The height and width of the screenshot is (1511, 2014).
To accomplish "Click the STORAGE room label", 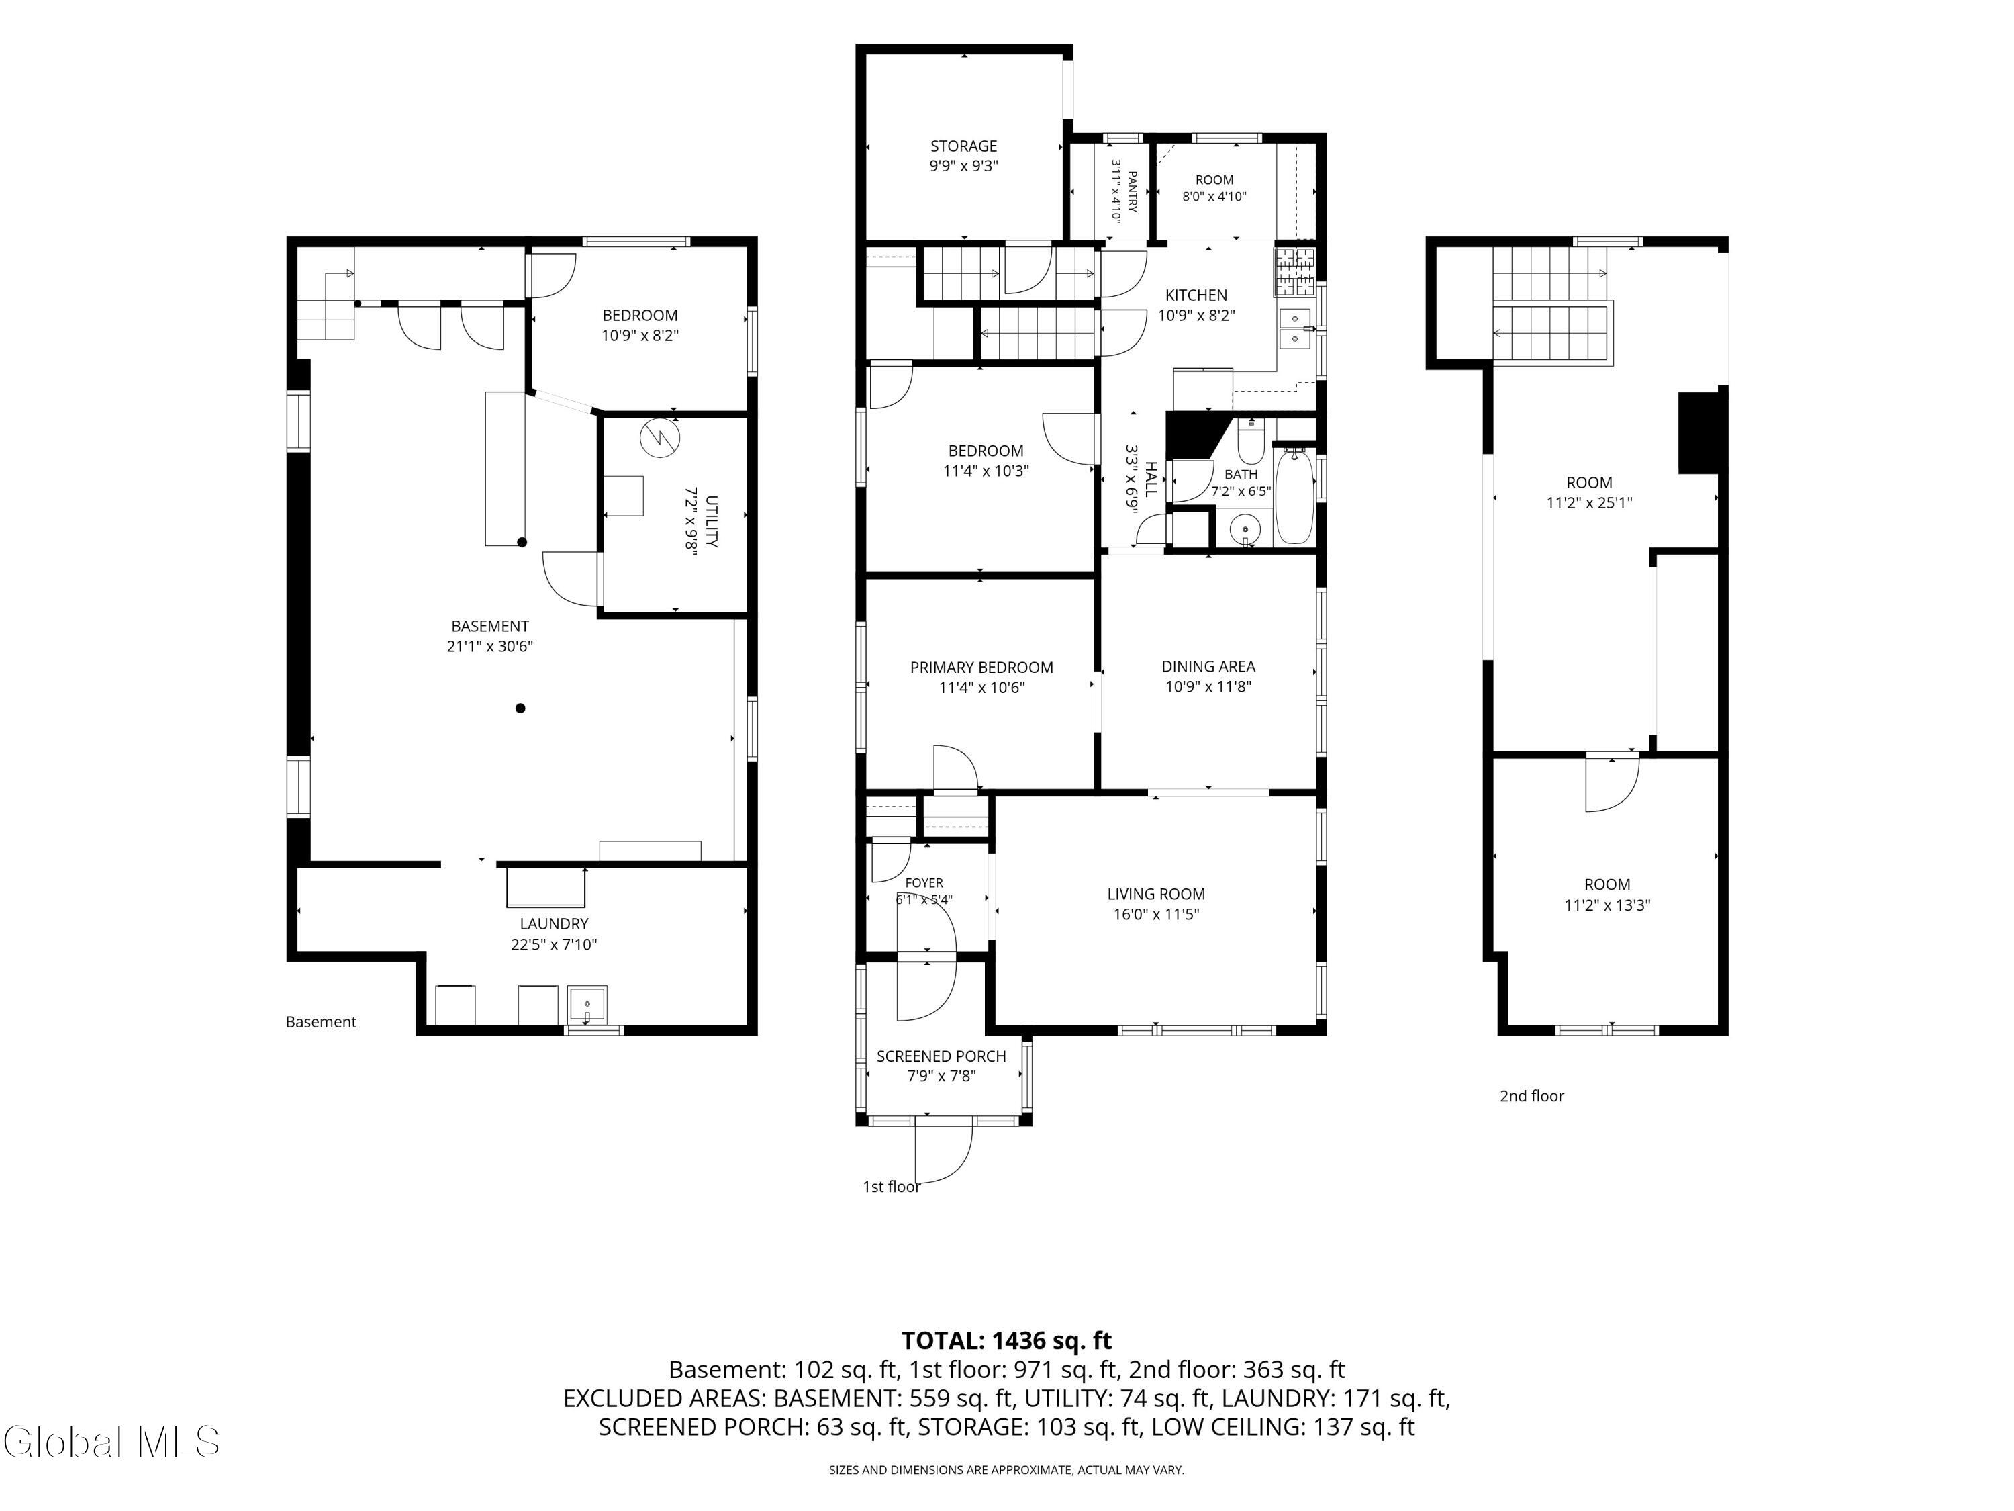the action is pyautogui.click(x=963, y=146).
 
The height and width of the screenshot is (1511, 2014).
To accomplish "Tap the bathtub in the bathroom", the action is pyautogui.click(x=1294, y=496).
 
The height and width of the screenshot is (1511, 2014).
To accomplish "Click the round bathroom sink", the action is pyautogui.click(x=1244, y=529).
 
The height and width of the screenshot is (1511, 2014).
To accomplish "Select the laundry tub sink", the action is pyautogui.click(x=587, y=1005).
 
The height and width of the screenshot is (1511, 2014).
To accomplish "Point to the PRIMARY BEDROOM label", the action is pyautogui.click(x=981, y=667).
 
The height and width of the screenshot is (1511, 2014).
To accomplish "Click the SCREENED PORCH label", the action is pyautogui.click(x=941, y=1056).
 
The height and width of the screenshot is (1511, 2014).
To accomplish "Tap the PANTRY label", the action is pyautogui.click(x=1133, y=191).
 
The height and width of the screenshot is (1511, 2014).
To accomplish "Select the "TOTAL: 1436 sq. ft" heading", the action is pyautogui.click(x=1006, y=1340).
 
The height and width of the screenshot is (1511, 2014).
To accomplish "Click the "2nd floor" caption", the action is pyautogui.click(x=1531, y=1096).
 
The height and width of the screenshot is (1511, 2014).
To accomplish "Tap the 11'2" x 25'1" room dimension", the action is pyautogui.click(x=1589, y=503).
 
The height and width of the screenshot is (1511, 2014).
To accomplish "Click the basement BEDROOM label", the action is pyautogui.click(x=640, y=315).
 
